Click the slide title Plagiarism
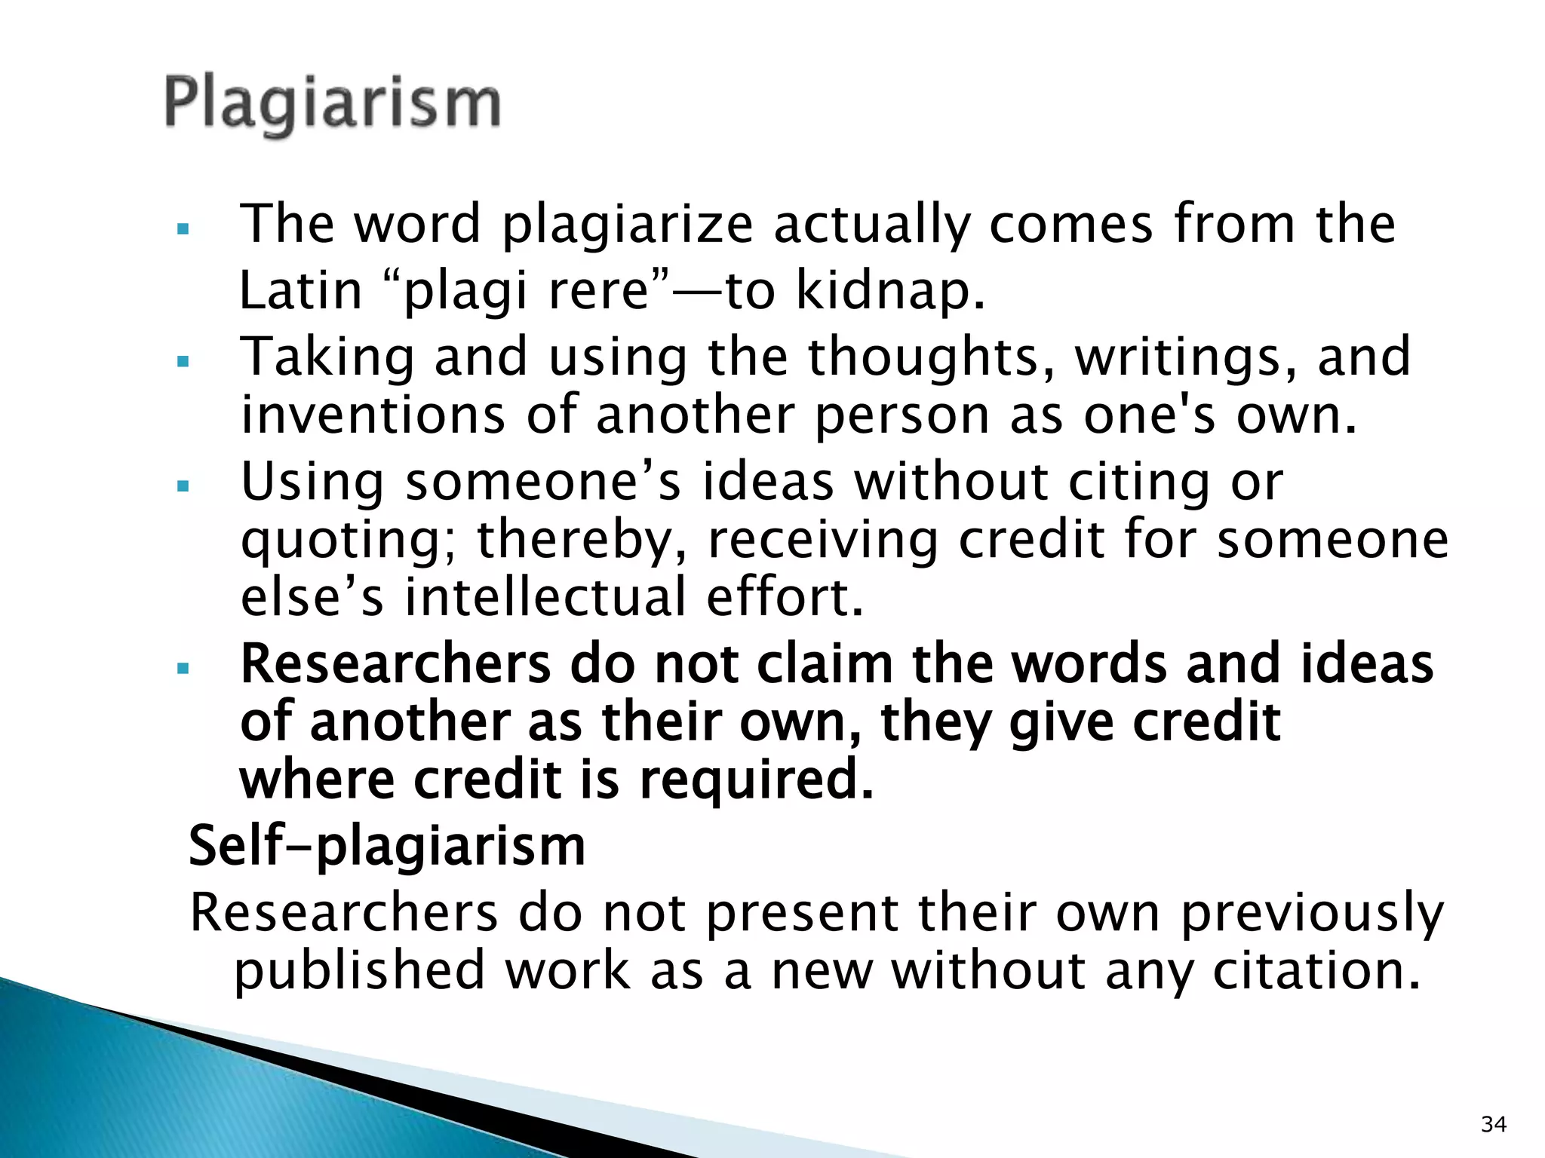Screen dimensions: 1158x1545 tap(332, 104)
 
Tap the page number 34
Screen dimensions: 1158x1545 tap(1494, 1125)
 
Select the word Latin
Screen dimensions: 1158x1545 tap(301, 291)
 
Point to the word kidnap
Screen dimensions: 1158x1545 tap(890, 291)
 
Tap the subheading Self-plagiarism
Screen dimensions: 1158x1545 tap(386, 846)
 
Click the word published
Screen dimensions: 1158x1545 tap(360, 971)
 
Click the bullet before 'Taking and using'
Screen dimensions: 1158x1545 tap(182, 362)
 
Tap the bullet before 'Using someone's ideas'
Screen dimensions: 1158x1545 tap(182, 486)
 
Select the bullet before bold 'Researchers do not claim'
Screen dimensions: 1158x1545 tap(182, 668)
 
